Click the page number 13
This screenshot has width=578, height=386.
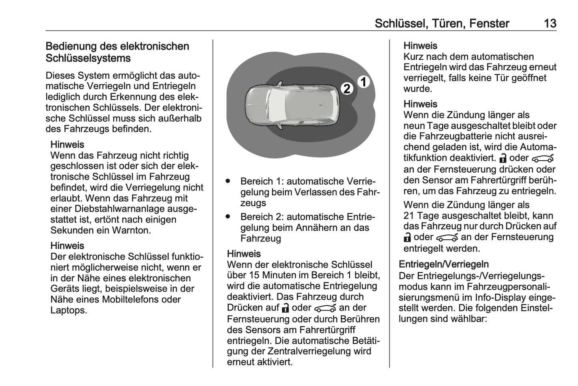click(550, 24)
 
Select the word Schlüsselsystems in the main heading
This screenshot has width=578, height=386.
click(88, 58)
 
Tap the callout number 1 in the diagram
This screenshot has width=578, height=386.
click(363, 82)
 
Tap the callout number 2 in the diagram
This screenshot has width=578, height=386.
click(347, 89)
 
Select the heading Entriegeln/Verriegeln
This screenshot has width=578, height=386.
click(444, 265)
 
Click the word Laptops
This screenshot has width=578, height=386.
click(68, 310)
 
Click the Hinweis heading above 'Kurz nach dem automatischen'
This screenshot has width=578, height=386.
click(420, 46)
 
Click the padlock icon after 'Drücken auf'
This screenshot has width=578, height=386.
click(285, 308)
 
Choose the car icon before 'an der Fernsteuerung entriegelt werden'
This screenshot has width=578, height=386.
click(447, 238)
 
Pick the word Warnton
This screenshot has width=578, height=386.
click(131, 231)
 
